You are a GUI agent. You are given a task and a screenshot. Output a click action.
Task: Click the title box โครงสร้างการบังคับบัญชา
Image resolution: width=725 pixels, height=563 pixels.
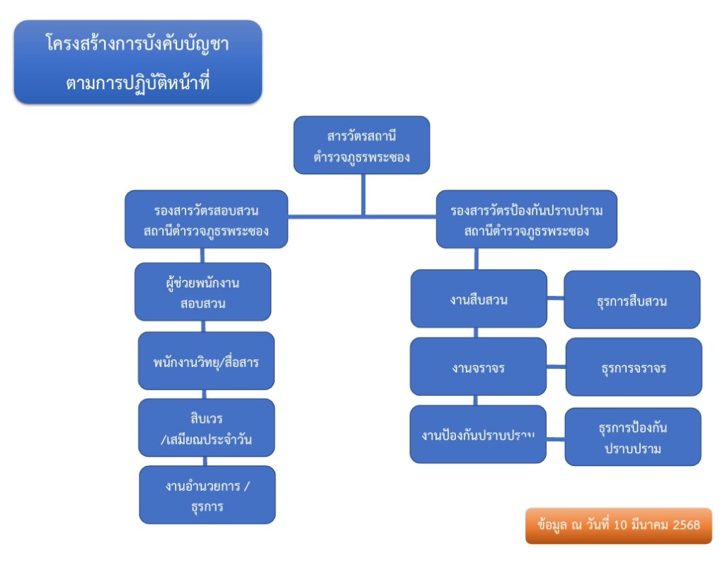click(138, 62)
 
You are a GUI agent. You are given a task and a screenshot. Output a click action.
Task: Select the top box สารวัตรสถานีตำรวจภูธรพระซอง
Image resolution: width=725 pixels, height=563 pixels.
click(361, 145)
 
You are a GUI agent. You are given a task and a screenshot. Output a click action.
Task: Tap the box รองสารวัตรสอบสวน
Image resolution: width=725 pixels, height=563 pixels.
click(206, 220)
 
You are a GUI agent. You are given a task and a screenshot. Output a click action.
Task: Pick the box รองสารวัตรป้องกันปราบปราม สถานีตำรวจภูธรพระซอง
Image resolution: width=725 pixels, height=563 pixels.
click(526, 220)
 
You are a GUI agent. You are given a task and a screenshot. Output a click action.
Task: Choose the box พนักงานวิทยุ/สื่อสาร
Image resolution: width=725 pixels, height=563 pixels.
click(206, 361)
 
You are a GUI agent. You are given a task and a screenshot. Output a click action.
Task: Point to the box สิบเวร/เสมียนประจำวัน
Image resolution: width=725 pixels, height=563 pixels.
click(206, 428)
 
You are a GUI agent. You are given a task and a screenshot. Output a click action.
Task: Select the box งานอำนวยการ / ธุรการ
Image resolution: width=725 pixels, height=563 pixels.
click(206, 495)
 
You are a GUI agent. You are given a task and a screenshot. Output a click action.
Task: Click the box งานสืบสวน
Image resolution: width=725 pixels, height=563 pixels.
click(479, 299)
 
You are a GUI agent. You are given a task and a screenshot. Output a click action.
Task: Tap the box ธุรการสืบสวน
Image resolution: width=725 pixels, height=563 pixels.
click(632, 300)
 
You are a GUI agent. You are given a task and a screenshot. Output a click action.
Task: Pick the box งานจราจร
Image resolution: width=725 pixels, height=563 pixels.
click(478, 367)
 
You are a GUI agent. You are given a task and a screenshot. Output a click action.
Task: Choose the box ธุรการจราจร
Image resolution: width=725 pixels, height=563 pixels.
click(633, 367)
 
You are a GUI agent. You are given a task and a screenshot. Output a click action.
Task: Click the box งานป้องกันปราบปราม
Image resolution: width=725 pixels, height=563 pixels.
click(478, 434)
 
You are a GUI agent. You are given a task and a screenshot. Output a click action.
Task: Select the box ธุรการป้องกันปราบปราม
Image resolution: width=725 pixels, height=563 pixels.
click(632, 437)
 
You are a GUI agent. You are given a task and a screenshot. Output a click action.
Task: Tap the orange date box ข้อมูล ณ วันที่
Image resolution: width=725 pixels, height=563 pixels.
click(618, 525)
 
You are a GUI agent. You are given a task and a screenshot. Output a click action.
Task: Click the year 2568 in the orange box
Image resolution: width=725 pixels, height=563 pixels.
click(684, 525)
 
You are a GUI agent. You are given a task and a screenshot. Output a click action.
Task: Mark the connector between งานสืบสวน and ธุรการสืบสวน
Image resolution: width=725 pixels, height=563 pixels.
click(555, 298)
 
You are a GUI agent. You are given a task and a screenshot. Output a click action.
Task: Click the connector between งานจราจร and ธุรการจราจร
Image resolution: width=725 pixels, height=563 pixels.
click(556, 367)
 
